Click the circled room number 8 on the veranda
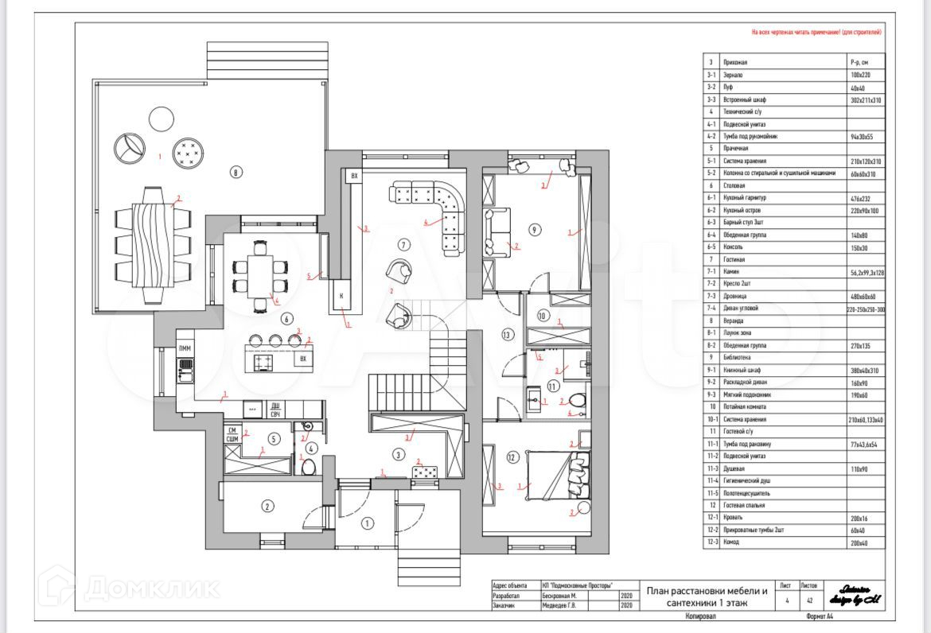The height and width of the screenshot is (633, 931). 236,171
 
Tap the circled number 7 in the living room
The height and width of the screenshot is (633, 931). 403,244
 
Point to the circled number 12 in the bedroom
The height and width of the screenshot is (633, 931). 512,456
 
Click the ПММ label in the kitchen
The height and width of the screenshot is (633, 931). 185,349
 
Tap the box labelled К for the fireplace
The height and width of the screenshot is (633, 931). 341,295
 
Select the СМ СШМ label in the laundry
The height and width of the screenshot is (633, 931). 233,435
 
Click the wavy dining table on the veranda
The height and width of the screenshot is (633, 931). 152,243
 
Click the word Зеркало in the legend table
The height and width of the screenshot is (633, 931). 734,75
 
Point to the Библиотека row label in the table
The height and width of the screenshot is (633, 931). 737,358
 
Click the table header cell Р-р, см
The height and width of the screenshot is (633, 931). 859,62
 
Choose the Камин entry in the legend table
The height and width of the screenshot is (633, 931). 731,272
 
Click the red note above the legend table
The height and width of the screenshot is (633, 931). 816,33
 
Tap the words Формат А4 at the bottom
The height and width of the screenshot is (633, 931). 820,616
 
